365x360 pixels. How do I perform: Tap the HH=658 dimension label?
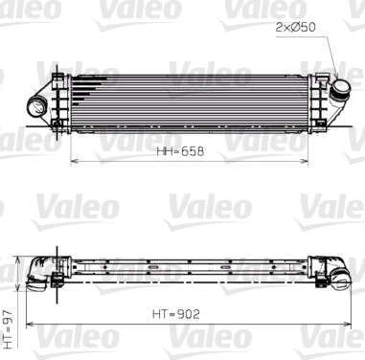(x=181, y=151)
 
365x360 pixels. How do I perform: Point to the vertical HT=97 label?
(x=9, y=326)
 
